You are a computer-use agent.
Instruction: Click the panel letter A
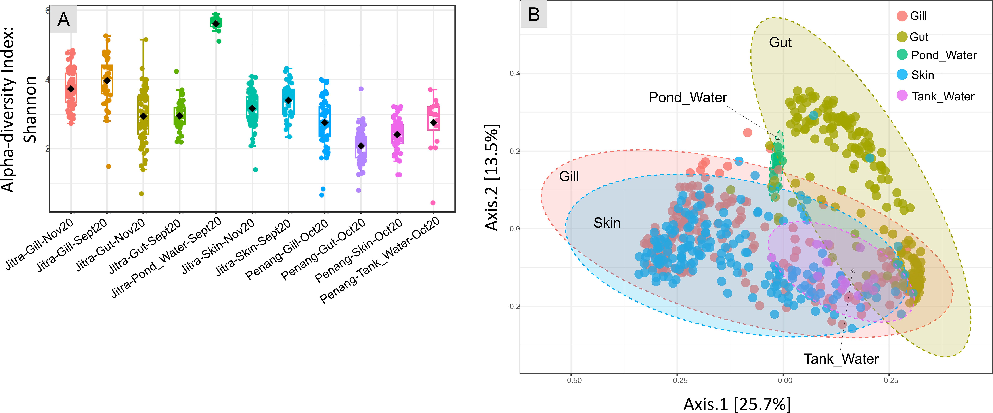64,19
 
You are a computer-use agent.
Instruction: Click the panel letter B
534,15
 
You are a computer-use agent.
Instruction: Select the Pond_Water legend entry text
944,55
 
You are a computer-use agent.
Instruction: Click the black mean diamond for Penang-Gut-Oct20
361,146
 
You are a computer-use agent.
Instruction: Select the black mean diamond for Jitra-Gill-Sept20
107,80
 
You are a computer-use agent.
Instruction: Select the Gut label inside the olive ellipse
780,42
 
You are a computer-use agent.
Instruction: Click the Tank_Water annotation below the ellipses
841,359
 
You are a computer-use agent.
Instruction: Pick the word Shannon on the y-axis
30,110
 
